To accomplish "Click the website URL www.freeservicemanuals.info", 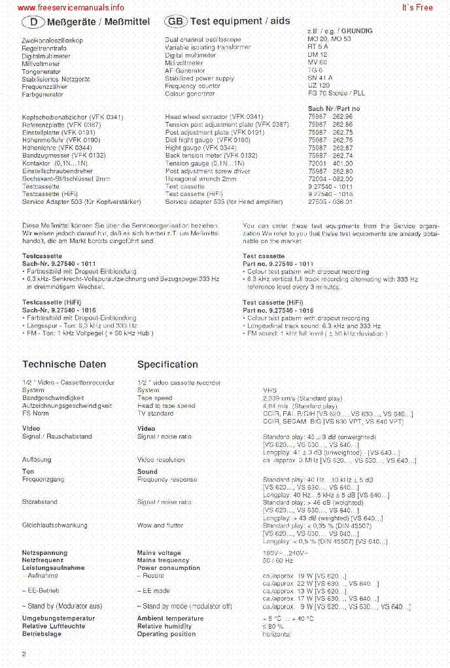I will pyautogui.click(x=71, y=8).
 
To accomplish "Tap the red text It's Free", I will pyautogui.click(x=417, y=8).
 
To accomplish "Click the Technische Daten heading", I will pyautogui.click(x=64, y=365).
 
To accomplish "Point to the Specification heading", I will pyautogui.click(x=167, y=365).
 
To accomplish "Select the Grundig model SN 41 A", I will pyautogui.click(x=320, y=78).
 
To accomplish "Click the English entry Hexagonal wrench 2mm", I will pyautogui.click(x=201, y=178).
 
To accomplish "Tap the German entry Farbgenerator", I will pyautogui.click(x=43, y=94).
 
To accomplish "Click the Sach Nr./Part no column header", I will pyautogui.click(x=334, y=109).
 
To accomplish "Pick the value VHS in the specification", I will pyautogui.click(x=269, y=390).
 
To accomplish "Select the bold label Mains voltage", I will pyautogui.click(x=159, y=553).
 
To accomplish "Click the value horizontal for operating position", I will pyautogui.click(x=277, y=634).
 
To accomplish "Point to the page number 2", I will pyautogui.click(x=24, y=654).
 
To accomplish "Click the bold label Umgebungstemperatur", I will pyautogui.click(x=58, y=618).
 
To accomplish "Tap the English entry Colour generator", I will pyautogui.click(x=190, y=94).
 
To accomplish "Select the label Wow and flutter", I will pyautogui.click(x=160, y=526).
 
